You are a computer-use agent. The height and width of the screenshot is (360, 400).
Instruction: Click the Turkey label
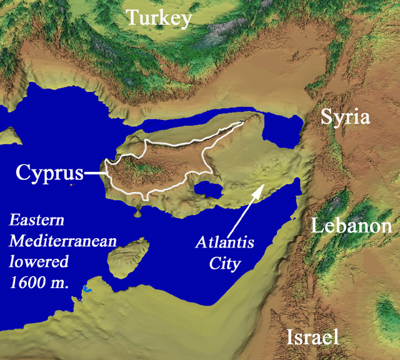[159, 18]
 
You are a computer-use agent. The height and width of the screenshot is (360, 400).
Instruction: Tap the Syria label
[346, 117]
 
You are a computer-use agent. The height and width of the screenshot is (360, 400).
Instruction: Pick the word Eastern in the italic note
[37, 221]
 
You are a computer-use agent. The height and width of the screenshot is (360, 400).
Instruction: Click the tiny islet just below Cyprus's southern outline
[137, 214]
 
